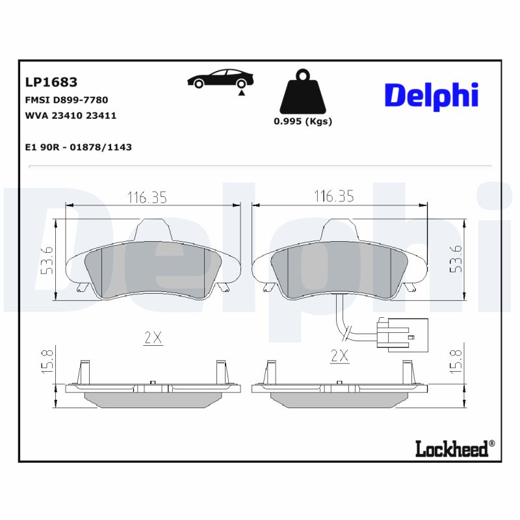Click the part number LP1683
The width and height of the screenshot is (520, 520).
(x=51, y=83)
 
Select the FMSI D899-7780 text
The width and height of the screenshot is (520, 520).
(x=66, y=100)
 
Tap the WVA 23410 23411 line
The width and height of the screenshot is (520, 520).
(x=71, y=116)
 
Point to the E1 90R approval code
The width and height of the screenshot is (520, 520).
(x=78, y=148)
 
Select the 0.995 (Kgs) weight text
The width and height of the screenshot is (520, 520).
(x=302, y=122)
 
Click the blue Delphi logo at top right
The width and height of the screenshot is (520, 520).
(x=432, y=96)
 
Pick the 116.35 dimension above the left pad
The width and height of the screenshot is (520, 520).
(x=146, y=196)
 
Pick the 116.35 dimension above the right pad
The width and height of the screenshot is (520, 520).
(x=333, y=196)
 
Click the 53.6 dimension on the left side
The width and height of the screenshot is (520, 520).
(x=46, y=260)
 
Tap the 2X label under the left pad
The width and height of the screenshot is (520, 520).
(x=152, y=337)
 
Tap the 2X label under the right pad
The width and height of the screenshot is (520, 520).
(x=339, y=356)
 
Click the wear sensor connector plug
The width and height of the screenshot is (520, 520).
(x=403, y=335)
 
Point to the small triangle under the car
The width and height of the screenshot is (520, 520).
(x=241, y=94)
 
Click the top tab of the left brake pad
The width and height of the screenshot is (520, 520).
(x=154, y=228)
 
